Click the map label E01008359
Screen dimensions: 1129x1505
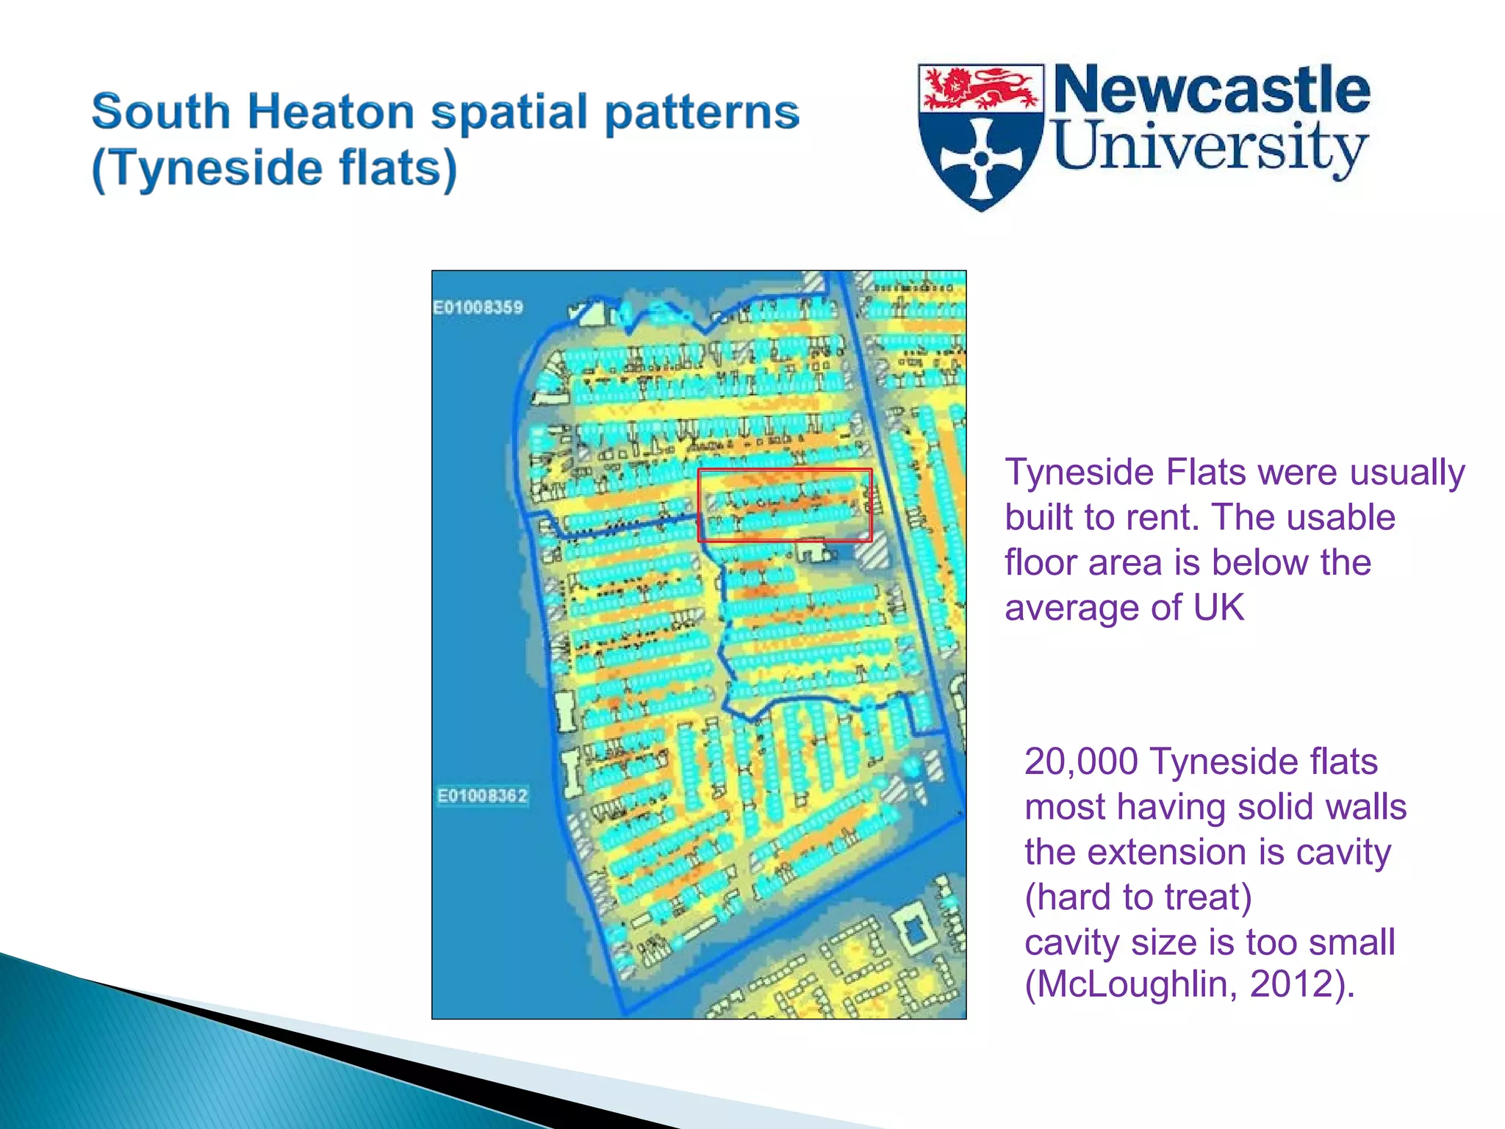tap(478, 307)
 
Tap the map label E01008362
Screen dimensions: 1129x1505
tap(482, 795)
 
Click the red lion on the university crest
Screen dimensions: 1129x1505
tap(980, 88)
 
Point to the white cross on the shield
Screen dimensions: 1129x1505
tap(981, 158)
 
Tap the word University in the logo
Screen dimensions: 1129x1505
tap(1210, 147)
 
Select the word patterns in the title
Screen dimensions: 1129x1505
tap(701, 112)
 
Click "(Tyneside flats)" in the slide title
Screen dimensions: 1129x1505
tap(274, 168)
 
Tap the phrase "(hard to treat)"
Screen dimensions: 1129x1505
tap(1138, 897)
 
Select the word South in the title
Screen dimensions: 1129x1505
tap(161, 112)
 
